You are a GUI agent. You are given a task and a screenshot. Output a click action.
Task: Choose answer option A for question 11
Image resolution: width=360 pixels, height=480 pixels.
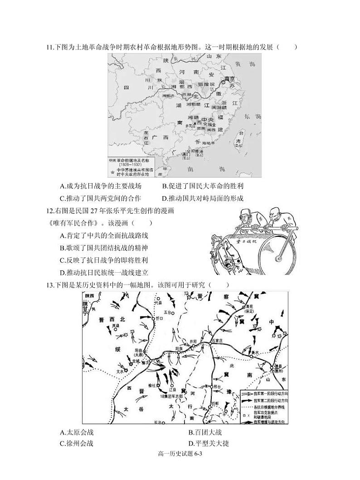click(101, 186)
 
